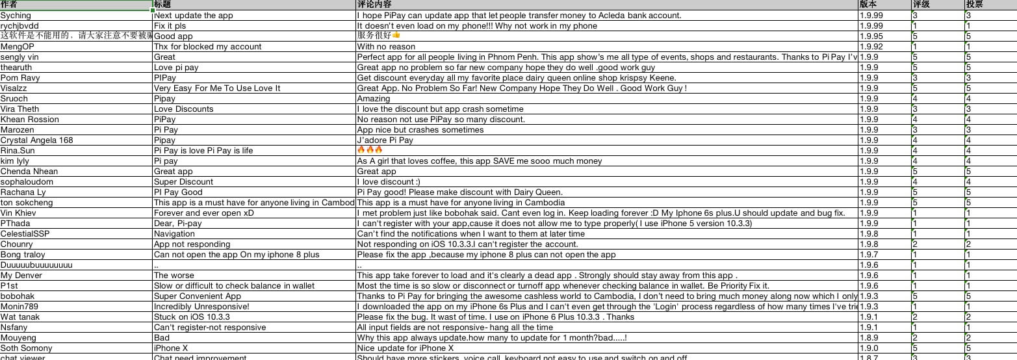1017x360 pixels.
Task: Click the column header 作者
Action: pos(10,5)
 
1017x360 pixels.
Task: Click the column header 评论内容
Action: pos(374,5)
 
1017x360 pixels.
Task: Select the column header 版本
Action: pos(868,5)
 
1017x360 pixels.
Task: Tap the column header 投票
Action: pos(974,5)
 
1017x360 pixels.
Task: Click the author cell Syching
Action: pos(16,16)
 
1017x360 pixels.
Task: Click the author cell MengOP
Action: pos(17,47)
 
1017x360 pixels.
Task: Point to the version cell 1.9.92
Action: pos(871,47)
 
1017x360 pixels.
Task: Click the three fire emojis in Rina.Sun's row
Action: pos(370,150)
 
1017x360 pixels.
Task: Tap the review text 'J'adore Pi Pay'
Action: pos(385,140)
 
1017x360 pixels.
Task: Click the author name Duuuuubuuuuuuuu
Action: pos(36,265)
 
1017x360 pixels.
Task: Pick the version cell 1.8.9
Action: pos(868,338)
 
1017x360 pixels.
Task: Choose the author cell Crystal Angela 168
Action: pos(36,140)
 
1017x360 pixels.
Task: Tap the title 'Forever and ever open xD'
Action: pos(203,213)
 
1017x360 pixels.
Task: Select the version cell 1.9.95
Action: pos(871,36)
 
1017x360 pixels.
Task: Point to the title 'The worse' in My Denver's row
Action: pos(174,276)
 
